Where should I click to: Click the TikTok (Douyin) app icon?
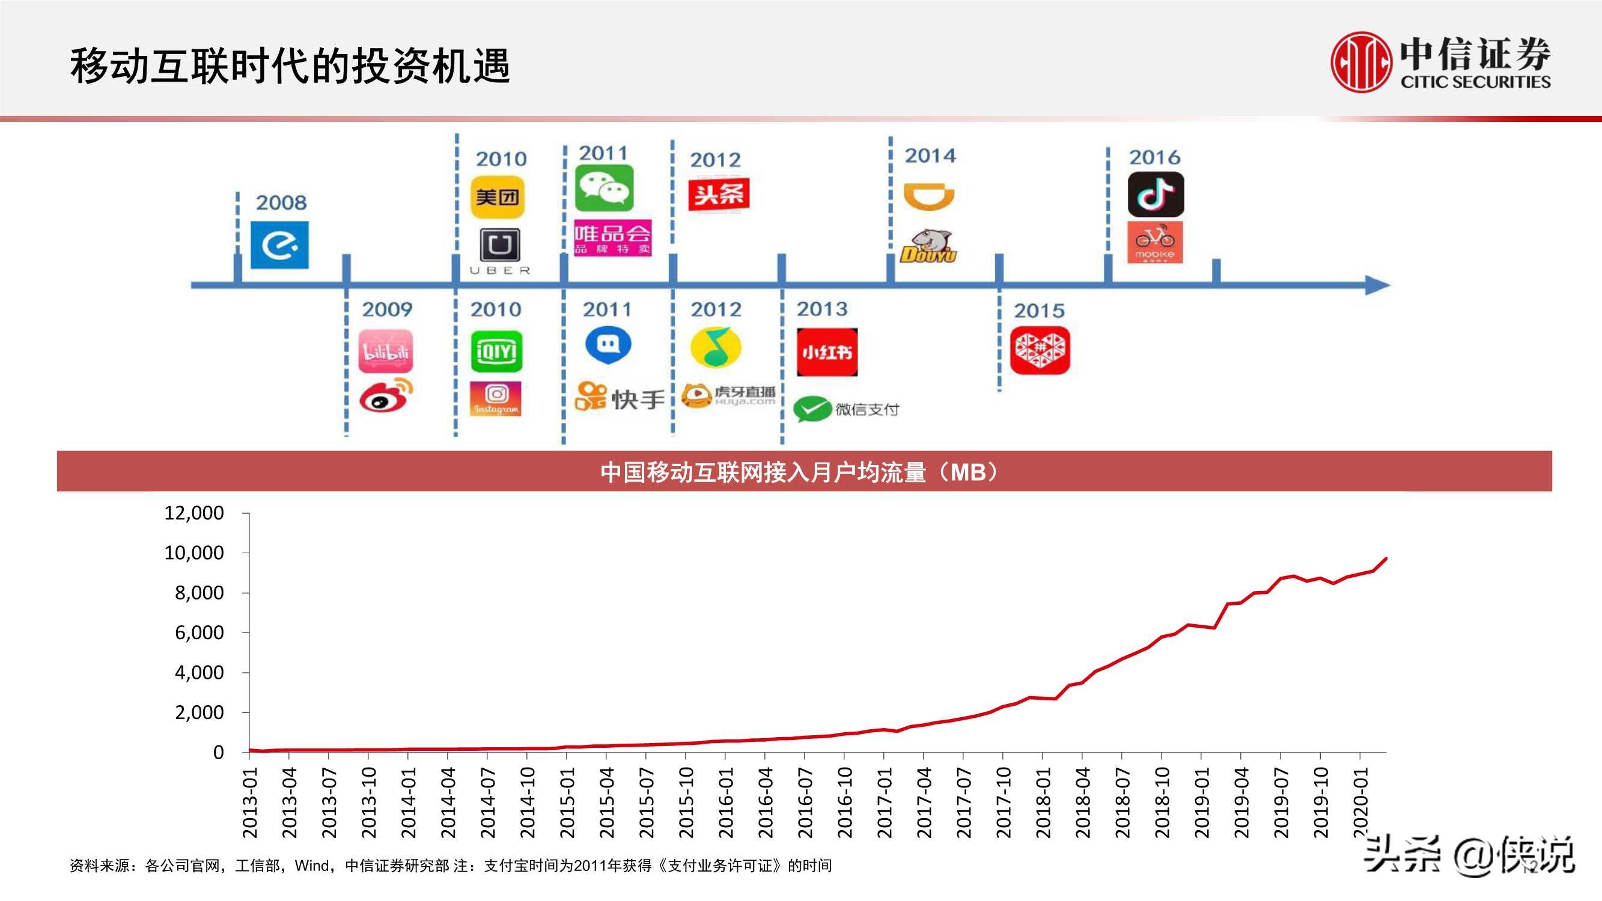pyautogui.click(x=1156, y=194)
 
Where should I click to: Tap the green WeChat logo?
pyautogui.click(x=604, y=188)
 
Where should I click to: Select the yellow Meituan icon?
pyautogui.click(x=498, y=198)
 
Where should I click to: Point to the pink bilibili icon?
pyautogui.click(x=386, y=351)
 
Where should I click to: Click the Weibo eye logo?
pyautogui.click(x=386, y=395)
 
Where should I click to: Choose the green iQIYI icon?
pyautogui.click(x=496, y=352)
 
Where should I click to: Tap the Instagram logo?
pyautogui.click(x=496, y=399)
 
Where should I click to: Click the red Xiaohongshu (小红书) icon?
pyautogui.click(x=826, y=353)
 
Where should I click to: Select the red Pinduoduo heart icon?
pyautogui.click(x=1040, y=350)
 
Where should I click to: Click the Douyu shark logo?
pyautogui.click(x=928, y=246)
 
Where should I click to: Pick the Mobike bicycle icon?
pyautogui.click(x=1155, y=243)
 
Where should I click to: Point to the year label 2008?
pyautogui.click(x=281, y=202)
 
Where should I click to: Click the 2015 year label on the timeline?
pyautogui.click(x=1039, y=311)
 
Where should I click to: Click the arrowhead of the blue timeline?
pyautogui.click(x=1377, y=285)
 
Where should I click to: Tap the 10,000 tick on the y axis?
pyautogui.click(x=193, y=553)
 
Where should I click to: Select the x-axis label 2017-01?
pyautogui.click(x=885, y=802)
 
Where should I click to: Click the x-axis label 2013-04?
pyautogui.click(x=289, y=802)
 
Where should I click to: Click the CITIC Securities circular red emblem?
pyautogui.click(x=1360, y=62)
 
